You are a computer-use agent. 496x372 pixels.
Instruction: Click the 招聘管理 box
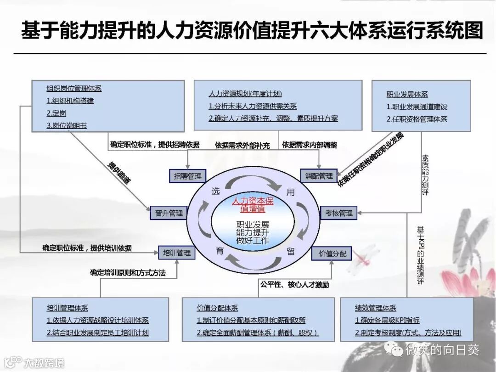click(188, 176)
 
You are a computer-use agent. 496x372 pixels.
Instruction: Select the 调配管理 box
click(319, 176)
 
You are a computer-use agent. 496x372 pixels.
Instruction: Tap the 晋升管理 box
click(169, 213)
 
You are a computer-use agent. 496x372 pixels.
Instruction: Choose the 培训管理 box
click(177, 253)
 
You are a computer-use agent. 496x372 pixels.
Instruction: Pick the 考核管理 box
click(339, 213)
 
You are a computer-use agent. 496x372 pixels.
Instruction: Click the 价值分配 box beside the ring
click(332, 253)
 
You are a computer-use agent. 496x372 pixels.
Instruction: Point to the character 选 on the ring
click(216, 192)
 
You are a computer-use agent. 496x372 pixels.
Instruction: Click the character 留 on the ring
click(291, 251)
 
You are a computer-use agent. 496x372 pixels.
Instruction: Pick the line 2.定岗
click(56, 113)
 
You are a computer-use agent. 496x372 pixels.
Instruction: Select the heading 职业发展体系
click(407, 94)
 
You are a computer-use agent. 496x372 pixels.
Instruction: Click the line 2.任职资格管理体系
click(417, 119)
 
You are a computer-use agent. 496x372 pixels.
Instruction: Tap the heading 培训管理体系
click(67, 308)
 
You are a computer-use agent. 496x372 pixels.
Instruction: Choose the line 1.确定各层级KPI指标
click(387, 320)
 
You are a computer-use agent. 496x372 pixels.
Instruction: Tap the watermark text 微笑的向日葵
click(442, 350)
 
